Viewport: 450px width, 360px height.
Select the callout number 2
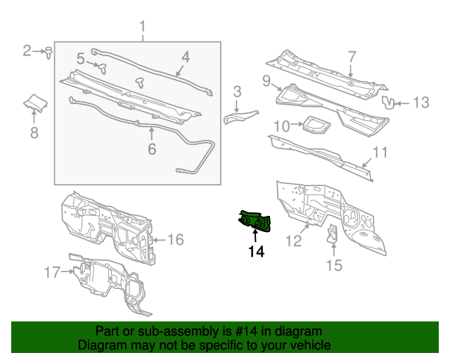click(x=27, y=50)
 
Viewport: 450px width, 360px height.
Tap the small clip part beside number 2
click(x=48, y=51)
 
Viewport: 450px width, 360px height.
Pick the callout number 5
click(x=81, y=58)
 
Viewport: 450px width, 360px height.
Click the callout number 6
click(x=150, y=148)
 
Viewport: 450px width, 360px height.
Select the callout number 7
click(x=352, y=57)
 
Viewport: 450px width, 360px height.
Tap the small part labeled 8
click(x=34, y=104)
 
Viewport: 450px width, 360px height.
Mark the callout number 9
click(x=266, y=81)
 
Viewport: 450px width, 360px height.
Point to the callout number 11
click(x=380, y=152)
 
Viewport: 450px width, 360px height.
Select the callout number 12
click(x=292, y=241)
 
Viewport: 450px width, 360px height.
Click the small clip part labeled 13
click(x=387, y=103)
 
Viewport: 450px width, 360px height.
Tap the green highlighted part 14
click(x=255, y=221)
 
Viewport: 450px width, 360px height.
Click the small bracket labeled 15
click(x=333, y=234)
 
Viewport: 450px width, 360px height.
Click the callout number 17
click(x=52, y=271)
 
